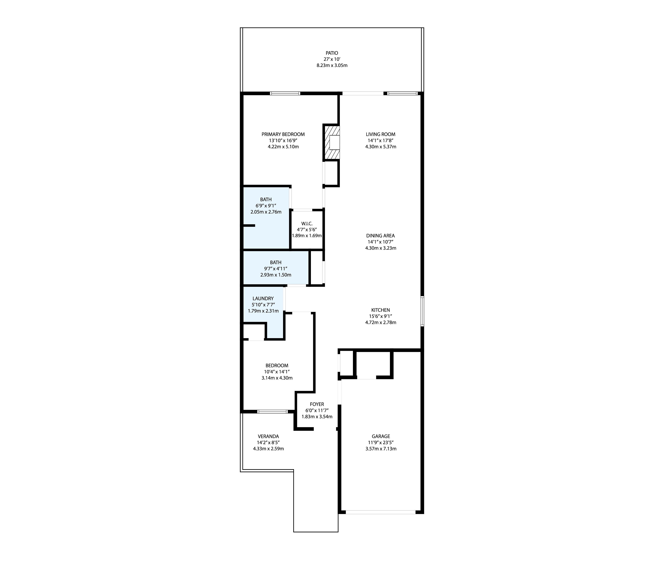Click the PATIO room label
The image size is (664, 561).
332,53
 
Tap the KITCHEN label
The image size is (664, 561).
380,310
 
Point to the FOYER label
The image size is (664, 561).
317,404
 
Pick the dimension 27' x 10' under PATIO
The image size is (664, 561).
332,59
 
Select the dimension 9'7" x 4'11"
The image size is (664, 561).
276,269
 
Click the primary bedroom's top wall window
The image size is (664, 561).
285,93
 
